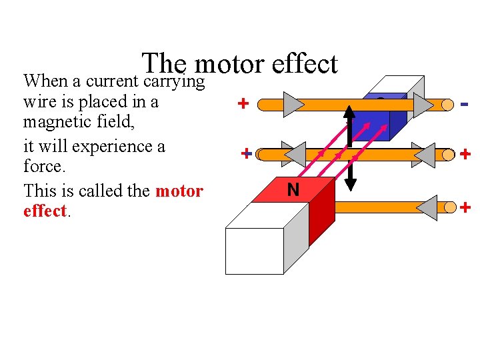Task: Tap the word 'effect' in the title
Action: [305, 65]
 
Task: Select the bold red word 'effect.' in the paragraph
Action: [45, 211]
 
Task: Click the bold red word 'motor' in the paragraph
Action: [179, 191]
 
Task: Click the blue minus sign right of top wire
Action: [465, 104]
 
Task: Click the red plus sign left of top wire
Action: [244, 104]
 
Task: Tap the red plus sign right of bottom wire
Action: [465, 208]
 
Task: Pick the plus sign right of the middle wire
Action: [465, 155]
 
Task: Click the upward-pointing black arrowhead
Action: [349, 111]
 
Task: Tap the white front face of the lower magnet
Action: [254, 251]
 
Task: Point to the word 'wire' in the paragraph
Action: [39, 103]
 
